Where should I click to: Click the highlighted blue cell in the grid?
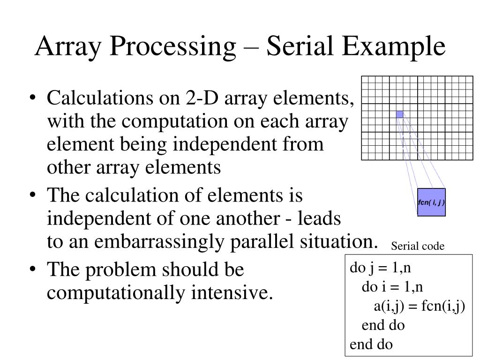399,114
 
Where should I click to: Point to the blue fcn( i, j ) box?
431,202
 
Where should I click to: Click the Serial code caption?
418,246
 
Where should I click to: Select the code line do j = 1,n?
381,269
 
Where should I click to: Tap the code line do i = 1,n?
392,287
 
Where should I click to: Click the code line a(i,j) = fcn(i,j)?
419,307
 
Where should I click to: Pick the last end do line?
371,345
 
